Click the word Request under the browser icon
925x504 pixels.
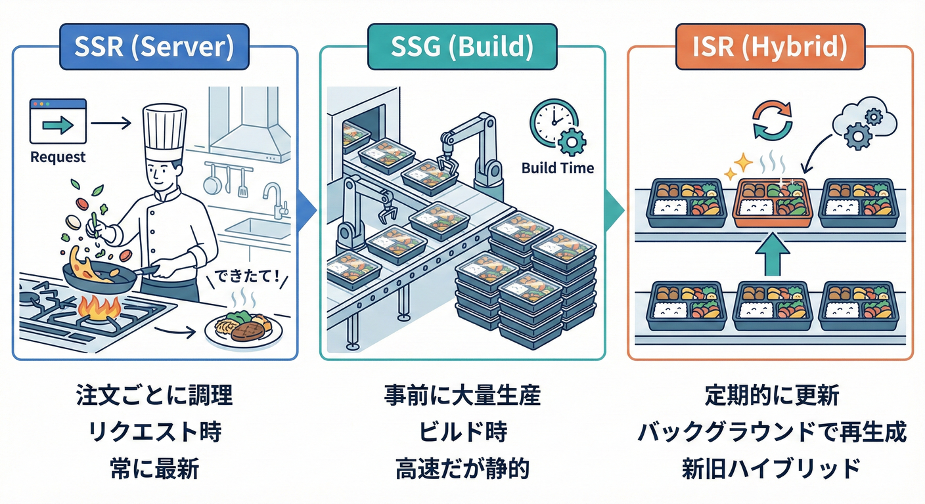tap(58, 157)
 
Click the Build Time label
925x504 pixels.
tap(557, 168)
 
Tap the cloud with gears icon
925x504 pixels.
tap(865, 121)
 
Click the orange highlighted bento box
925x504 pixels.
tap(772, 202)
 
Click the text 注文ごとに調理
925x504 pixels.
tap(154, 396)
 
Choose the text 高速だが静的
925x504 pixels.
tap(462, 469)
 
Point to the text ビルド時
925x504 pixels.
tap(462, 432)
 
